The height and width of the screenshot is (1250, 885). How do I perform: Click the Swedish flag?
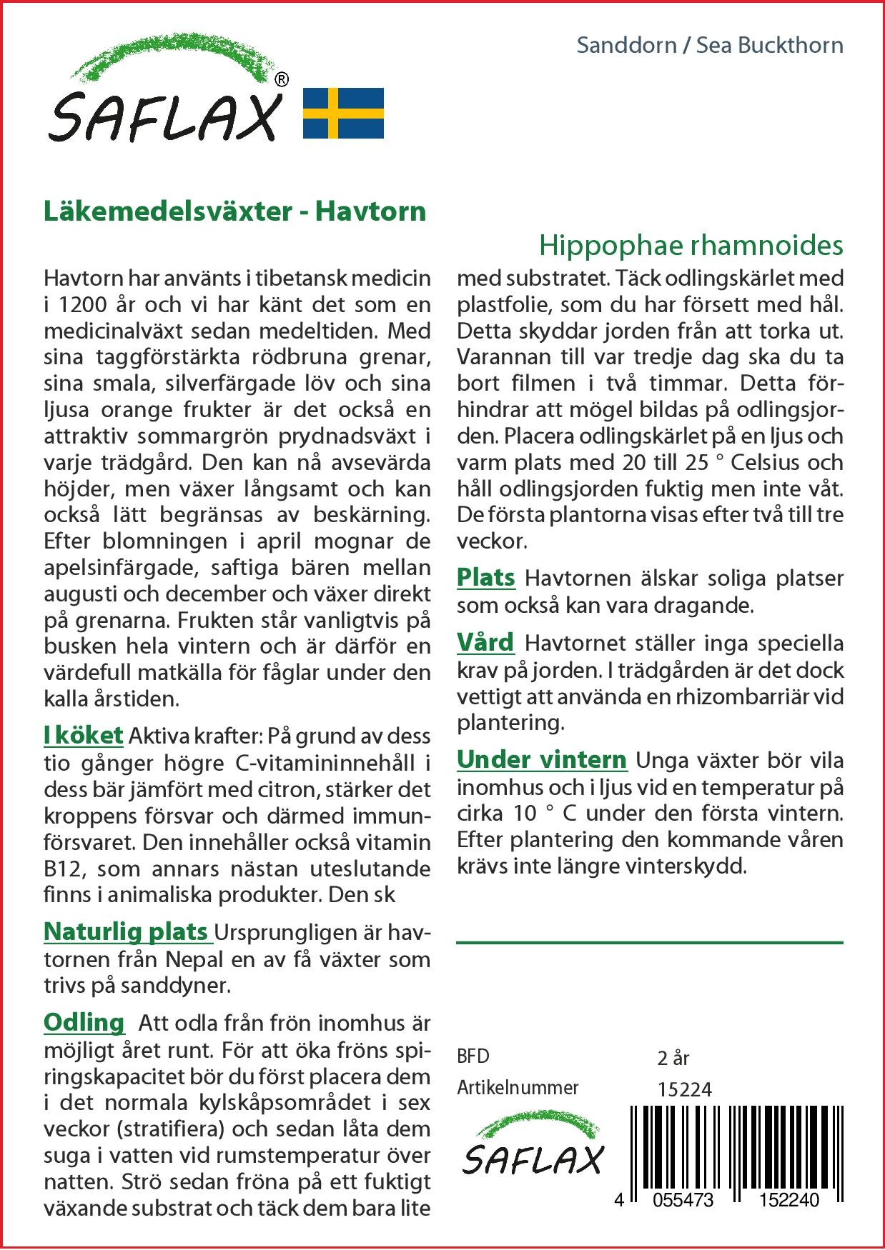(x=344, y=113)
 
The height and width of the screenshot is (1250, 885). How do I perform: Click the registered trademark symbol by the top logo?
(x=282, y=80)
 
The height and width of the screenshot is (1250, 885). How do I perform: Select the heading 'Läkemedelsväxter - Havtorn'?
(x=234, y=211)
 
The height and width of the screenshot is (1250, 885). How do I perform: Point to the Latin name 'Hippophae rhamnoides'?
(x=691, y=245)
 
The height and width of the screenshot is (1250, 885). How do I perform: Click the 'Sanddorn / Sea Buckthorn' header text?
(x=709, y=45)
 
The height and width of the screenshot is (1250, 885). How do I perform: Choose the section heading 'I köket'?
(x=83, y=736)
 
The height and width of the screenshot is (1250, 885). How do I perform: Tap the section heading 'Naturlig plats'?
(x=126, y=931)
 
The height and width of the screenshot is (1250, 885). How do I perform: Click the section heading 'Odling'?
(x=84, y=1022)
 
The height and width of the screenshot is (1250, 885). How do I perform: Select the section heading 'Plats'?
(x=486, y=577)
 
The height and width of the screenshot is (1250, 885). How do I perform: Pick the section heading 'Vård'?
(x=485, y=642)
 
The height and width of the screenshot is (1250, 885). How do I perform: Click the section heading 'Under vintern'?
(x=542, y=759)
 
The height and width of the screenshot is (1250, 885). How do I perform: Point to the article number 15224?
(x=684, y=1089)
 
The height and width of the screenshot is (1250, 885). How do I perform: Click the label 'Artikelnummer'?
(x=518, y=1088)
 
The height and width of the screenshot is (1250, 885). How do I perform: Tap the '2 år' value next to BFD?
(x=673, y=1058)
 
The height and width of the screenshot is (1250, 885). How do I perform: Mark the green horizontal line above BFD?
(x=649, y=943)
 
